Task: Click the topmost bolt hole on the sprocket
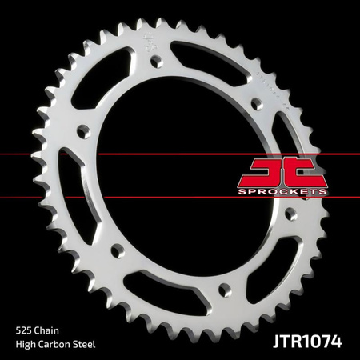coord(152,64)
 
